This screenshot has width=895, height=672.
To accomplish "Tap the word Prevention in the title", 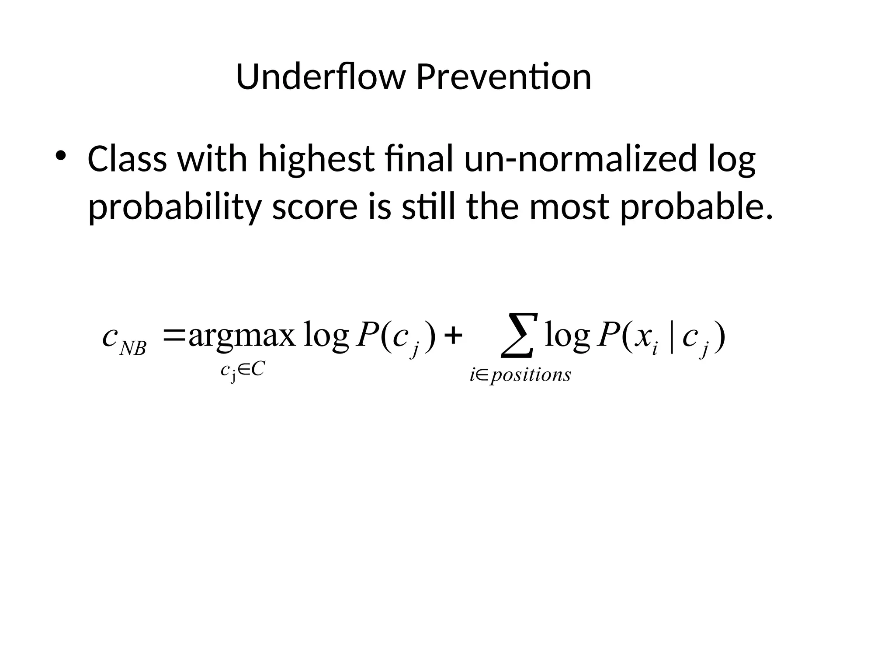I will click(x=503, y=77).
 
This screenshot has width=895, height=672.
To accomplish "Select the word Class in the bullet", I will click(x=127, y=158).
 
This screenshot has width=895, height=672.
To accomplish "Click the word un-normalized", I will click(x=580, y=158).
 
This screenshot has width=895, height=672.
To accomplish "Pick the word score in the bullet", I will click(x=315, y=206).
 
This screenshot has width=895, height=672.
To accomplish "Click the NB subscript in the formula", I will click(x=133, y=349).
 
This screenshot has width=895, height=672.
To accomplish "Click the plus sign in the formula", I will click(x=453, y=337).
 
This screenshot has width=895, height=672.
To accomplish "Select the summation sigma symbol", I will click(x=518, y=335).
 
